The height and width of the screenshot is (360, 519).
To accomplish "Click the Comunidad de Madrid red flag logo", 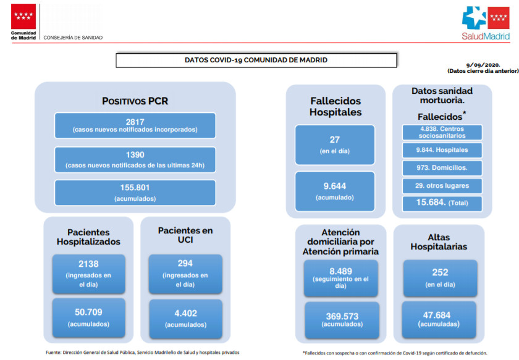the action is [23, 16].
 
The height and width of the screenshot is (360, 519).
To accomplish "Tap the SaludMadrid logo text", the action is [486, 36].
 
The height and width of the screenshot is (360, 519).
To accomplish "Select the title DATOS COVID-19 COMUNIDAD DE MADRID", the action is [256, 61].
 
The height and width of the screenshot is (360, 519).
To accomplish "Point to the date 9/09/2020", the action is [483, 65].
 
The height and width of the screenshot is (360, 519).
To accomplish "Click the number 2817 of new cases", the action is [135, 122].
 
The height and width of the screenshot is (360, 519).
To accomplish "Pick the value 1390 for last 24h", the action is [135, 154].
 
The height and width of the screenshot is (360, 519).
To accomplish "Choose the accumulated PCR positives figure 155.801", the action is [135, 188].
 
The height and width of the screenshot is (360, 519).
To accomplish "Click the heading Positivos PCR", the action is [135, 101].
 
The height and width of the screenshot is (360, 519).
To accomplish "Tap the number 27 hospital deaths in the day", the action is [335, 140].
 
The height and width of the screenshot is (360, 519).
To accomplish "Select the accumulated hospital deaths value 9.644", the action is [335, 186].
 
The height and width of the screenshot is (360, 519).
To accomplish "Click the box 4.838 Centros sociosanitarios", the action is [442, 132].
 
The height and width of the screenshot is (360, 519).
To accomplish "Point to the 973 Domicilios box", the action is [442, 168].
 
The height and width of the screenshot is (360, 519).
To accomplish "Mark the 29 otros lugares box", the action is [442, 186].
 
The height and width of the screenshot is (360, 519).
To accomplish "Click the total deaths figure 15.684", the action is [431, 202].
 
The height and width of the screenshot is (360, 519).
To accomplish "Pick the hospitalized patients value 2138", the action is [88, 264].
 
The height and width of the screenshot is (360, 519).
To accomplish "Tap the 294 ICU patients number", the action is [185, 263].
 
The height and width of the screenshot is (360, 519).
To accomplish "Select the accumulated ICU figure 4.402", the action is [186, 313].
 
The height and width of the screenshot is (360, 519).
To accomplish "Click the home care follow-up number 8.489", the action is [340, 271].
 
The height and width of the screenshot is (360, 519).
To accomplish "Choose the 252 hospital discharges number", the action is [440, 272].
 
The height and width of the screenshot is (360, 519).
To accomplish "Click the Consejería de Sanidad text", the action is [73, 38].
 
